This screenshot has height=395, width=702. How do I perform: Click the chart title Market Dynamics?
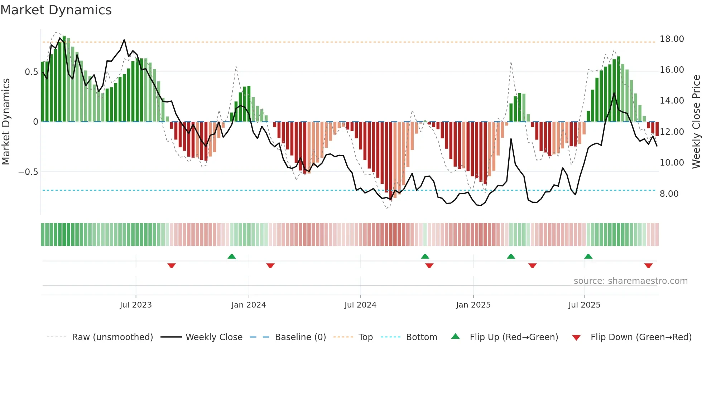pyautogui.click(x=56, y=10)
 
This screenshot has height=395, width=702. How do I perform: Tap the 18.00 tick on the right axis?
pyautogui.click(x=672, y=39)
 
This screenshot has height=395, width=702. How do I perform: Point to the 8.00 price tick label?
pyautogui.click(x=669, y=194)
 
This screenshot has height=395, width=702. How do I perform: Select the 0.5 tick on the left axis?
pyautogui.click(x=31, y=72)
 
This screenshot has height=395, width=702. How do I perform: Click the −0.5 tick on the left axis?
pyautogui.click(x=28, y=172)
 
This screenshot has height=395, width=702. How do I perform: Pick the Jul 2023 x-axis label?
pyautogui.click(x=136, y=305)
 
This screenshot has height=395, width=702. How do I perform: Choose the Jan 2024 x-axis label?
pyautogui.click(x=249, y=305)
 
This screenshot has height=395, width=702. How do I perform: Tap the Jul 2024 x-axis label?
pyautogui.click(x=360, y=305)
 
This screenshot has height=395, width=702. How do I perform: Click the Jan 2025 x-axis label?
pyautogui.click(x=473, y=305)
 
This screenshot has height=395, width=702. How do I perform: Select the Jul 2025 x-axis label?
pyautogui.click(x=584, y=305)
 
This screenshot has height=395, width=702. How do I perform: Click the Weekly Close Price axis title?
pyautogui.click(x=696, y=122)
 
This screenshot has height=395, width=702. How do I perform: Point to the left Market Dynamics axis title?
pyautogui.click(x=6, y=122)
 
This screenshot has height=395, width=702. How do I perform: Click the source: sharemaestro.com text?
pyautogui.click(x=630, y=281)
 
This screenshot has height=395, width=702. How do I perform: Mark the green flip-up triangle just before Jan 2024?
pyautogui.click(x=232, y=256)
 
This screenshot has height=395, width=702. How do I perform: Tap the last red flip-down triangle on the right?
pyautogui.click(x=648, y=266)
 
